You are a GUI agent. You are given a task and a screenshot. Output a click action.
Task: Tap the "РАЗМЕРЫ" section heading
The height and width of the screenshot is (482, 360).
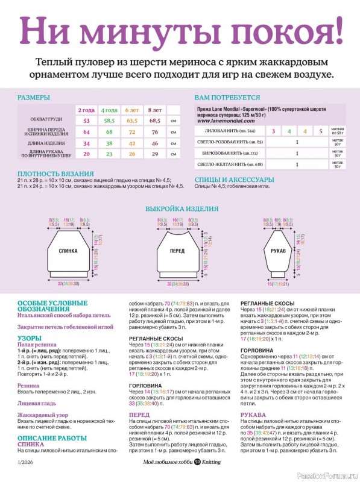coord(34,97)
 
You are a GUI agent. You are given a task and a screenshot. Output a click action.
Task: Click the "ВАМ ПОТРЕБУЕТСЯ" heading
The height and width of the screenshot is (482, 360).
coord(227,97)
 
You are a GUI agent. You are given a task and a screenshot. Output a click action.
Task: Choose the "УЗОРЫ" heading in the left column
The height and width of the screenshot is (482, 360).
coord(30,339)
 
